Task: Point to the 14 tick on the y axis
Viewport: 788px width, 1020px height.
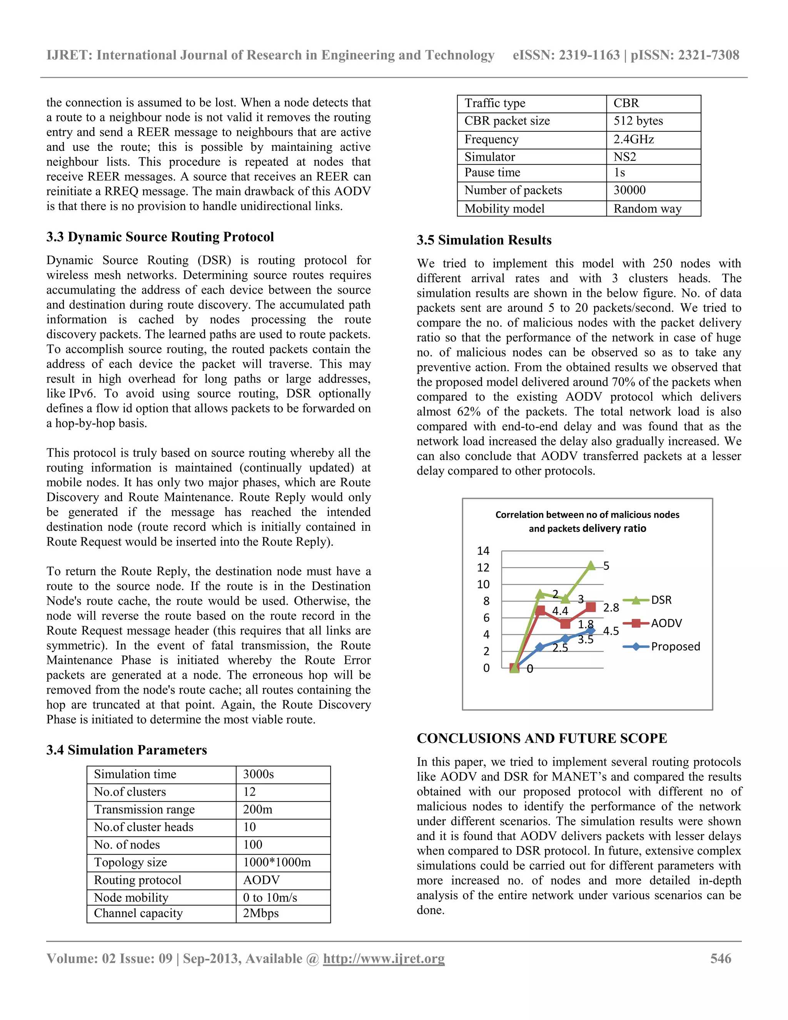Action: pyautogui.click(x=483, y=551)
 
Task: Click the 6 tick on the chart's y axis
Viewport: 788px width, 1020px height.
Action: pyautogui.click(x=486, y=618)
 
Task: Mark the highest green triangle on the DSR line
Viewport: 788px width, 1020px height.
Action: pyautogui.click(x=591, y=565)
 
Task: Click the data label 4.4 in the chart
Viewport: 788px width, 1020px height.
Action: pyautogui.click(x=560, y=611)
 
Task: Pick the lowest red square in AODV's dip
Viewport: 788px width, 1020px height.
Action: pyautogui.click(x=565, y=624)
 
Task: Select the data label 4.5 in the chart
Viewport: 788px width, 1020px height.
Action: pyautogui.click(x=611, y=631)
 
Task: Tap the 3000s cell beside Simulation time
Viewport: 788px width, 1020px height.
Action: pyautogui.click(x=258, y=774)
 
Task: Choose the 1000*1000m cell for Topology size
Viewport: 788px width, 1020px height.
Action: pyautogui.click(x=276, y=862)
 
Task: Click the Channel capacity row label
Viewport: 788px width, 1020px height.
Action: pyautogui.click(x=138, y=913)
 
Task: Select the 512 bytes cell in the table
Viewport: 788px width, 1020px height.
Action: pyautogui.click(x=638, y=121)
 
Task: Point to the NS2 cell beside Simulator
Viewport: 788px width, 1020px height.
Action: pyautogui.click(x=624, y=157)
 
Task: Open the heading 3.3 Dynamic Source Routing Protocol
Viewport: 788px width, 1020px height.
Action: pyautogui.click(x=160, y=237)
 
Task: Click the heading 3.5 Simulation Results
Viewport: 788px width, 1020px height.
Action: pyautogui.click(x=484, y=240)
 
